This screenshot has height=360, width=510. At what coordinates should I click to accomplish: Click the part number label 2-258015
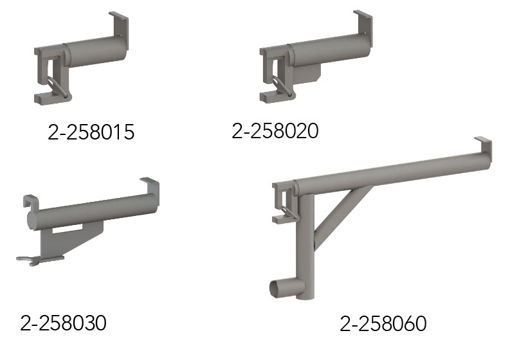[x=91, y=132]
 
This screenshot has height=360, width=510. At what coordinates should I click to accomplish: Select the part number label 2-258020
[x=275, y=130]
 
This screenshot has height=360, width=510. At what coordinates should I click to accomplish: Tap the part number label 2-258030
[x=63, y=323]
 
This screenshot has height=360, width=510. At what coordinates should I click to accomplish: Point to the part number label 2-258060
[x=383, y=323]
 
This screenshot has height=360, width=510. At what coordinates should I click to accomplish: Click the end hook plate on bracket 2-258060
[x=484, y=148]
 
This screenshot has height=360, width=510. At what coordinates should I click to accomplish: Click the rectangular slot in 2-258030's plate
[x=68, y=230]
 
